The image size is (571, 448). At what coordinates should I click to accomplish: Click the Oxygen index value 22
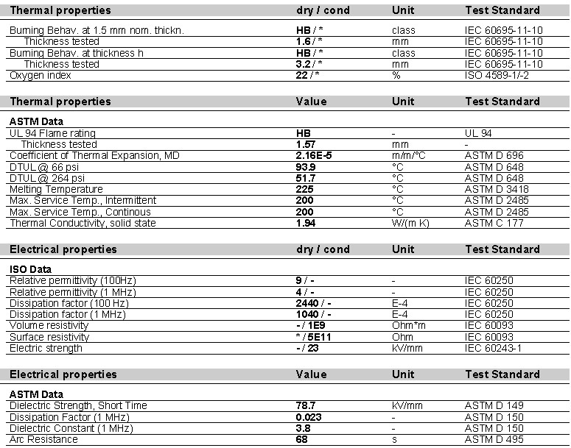click(302, 76)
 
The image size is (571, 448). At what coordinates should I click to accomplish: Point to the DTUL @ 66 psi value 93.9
click(306, 167)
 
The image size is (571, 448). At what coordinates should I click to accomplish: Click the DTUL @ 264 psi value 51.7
click(306, 178)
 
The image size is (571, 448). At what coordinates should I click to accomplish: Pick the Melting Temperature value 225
click(304, 189)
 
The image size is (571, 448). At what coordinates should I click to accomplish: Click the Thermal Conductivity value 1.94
click(306, 223)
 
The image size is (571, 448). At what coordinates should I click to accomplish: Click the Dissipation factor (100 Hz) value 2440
click(309, 303)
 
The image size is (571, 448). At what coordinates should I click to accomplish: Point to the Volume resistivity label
click(49, 325)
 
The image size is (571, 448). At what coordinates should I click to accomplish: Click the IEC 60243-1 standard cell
click(493, 348)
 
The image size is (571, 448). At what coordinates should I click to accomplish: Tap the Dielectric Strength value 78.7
click(306, 405)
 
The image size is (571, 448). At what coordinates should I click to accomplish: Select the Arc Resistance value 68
click(301, 439)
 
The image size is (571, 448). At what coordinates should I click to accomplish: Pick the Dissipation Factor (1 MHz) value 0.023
click(309, 416)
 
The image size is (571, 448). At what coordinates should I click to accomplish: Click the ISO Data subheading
click(30, 269)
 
